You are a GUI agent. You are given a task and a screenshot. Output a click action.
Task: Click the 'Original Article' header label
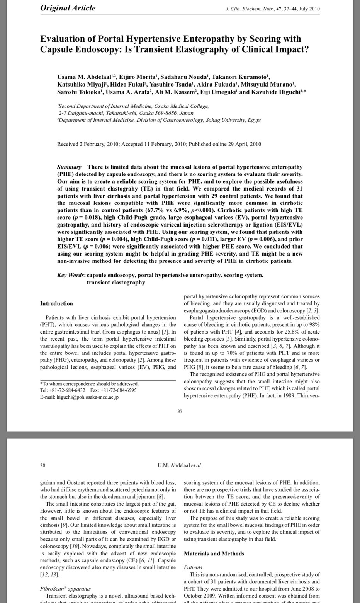68,8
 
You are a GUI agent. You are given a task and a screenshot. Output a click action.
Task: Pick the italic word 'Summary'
69,167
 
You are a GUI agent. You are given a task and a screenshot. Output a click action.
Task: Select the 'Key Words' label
71,275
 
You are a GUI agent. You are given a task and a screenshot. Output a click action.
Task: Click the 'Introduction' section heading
56,303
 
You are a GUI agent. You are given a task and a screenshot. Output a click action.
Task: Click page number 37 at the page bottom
180,411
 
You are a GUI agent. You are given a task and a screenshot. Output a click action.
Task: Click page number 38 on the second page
43,465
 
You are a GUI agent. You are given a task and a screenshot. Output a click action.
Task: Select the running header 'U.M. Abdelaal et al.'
180,465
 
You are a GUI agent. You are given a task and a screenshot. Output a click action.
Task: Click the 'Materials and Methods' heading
214,554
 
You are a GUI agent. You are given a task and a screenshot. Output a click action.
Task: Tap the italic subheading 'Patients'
193,567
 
